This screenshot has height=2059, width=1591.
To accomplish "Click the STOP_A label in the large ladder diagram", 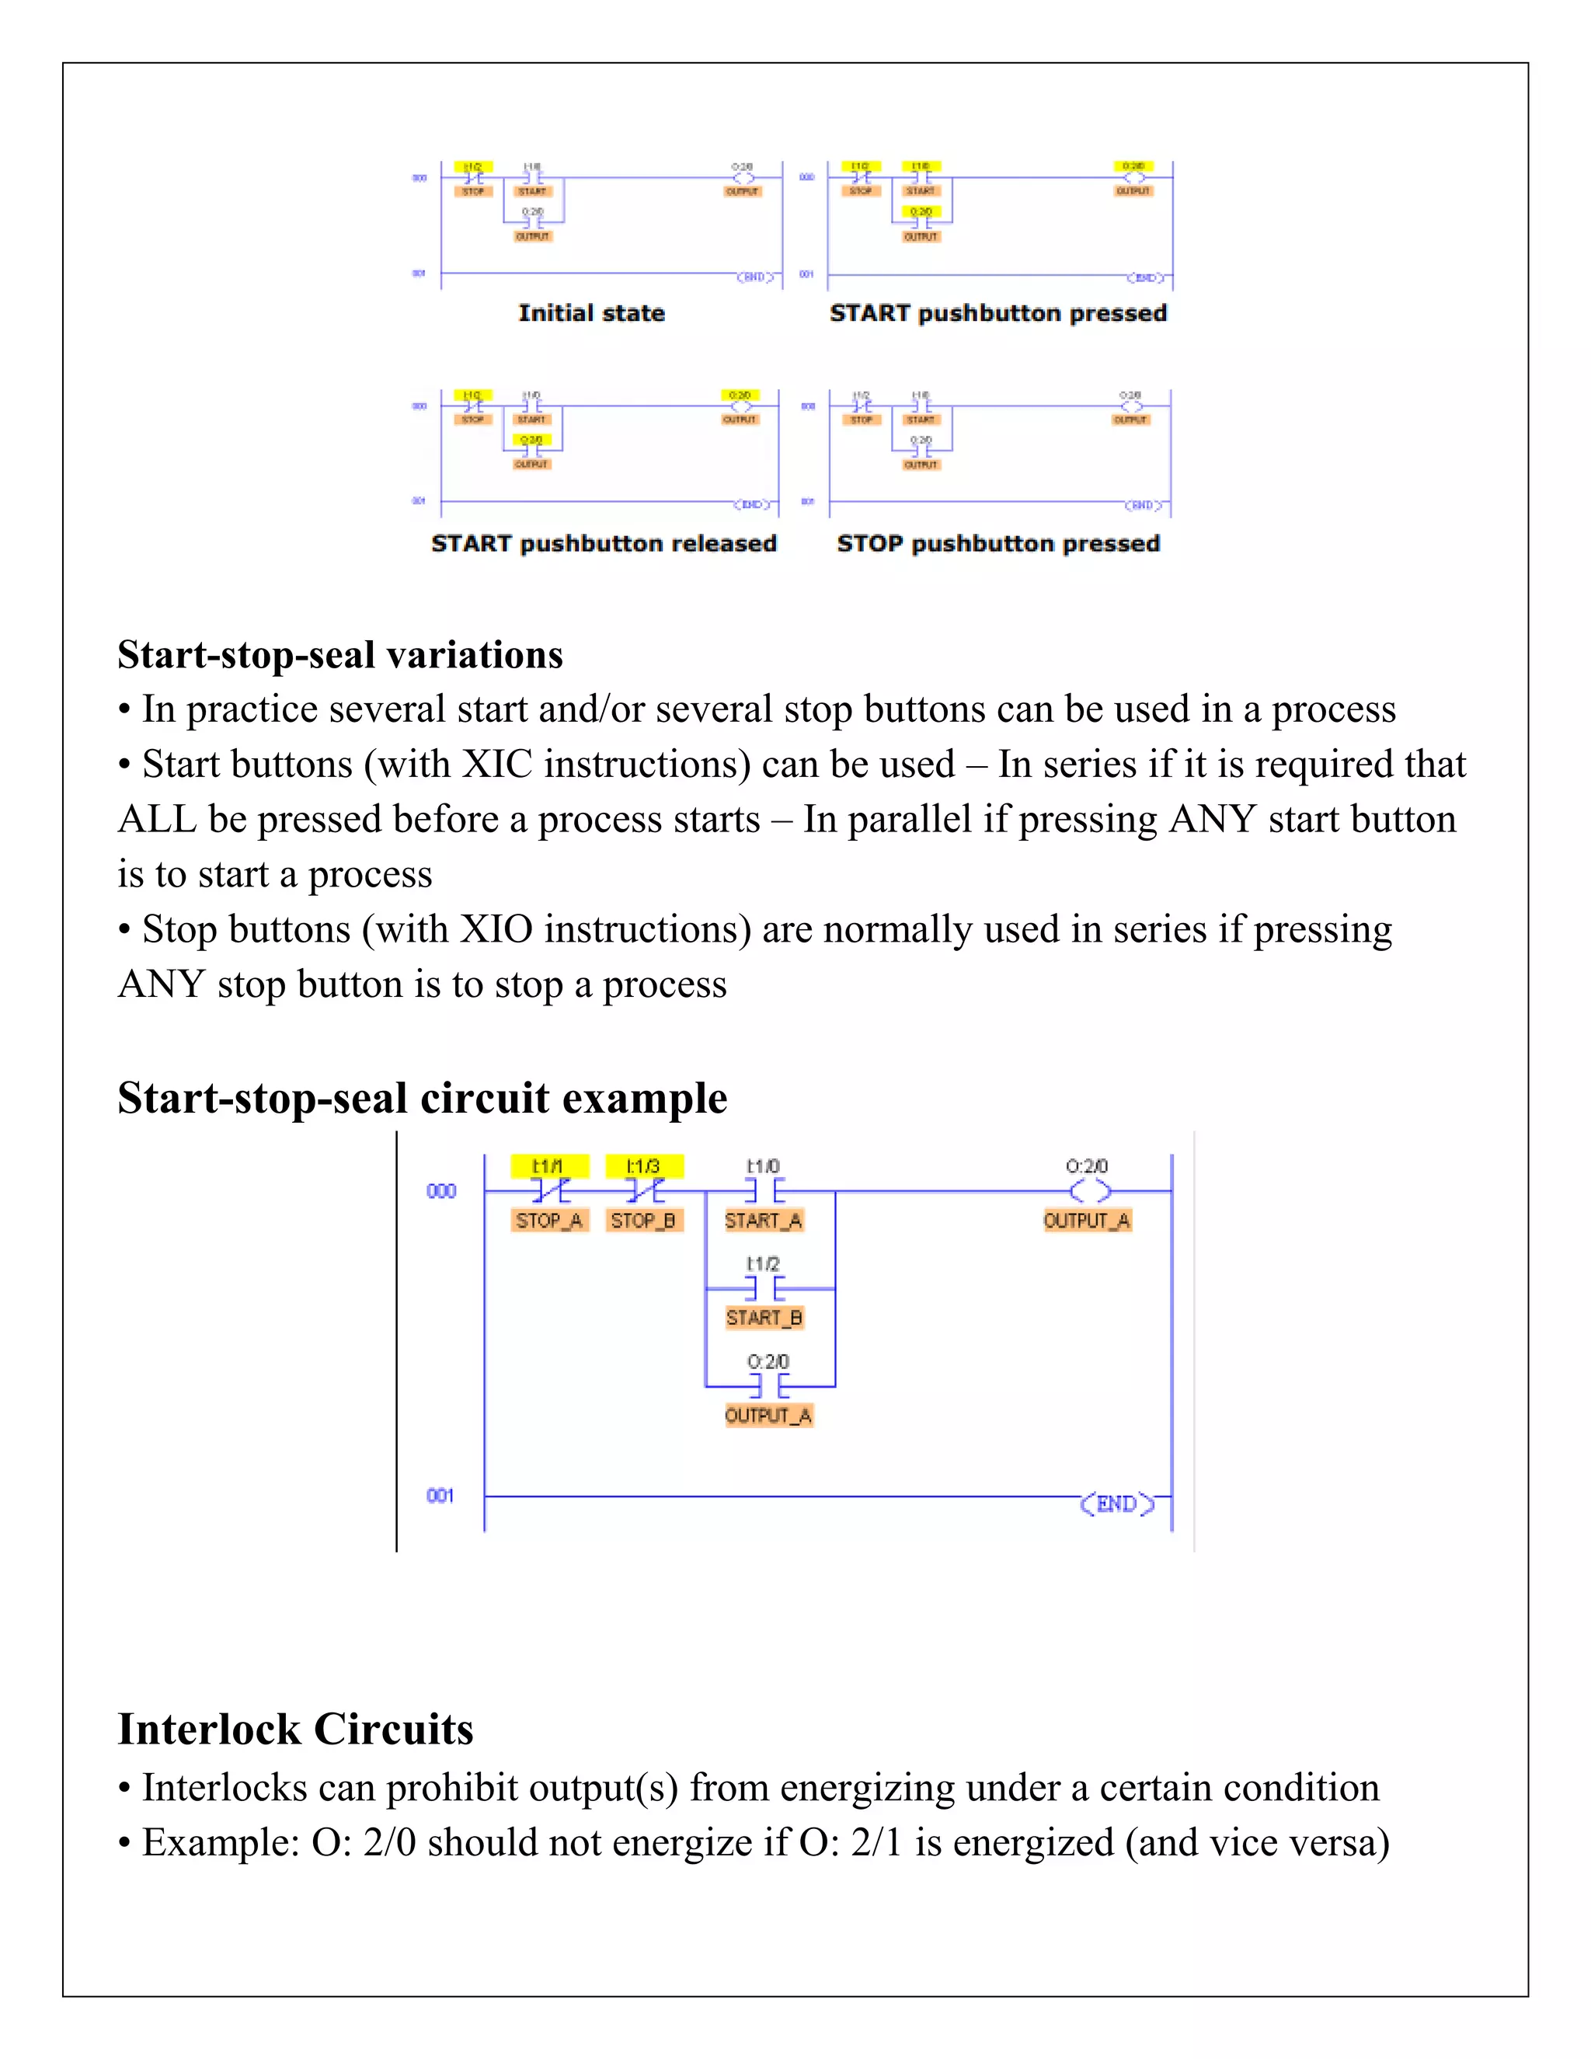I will pos(549,1221).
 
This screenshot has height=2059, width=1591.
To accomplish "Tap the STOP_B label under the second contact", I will pos(642,1221).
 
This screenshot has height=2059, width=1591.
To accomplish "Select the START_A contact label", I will pos(764,1221).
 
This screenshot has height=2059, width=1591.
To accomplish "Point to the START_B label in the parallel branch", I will pos(764,1318).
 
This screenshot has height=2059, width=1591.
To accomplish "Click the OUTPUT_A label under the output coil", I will pos(1087,1221).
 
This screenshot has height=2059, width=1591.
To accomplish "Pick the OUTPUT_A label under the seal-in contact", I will pos(768,1415).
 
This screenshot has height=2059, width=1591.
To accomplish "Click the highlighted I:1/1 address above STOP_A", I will pos(548,1166).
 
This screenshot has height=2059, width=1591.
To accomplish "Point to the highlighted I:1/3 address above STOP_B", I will pos(644,1166).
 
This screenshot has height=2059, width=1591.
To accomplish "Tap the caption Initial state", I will pos(591,313).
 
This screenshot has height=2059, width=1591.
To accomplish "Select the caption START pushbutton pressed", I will pos(998,313).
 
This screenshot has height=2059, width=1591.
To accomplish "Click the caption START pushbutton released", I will pos(603,543).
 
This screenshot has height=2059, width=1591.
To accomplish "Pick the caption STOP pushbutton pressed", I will pos(998,543).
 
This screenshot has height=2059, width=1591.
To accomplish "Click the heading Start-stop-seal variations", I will pos(340,654).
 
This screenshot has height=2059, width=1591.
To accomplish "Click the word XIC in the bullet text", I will pos(496,765).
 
